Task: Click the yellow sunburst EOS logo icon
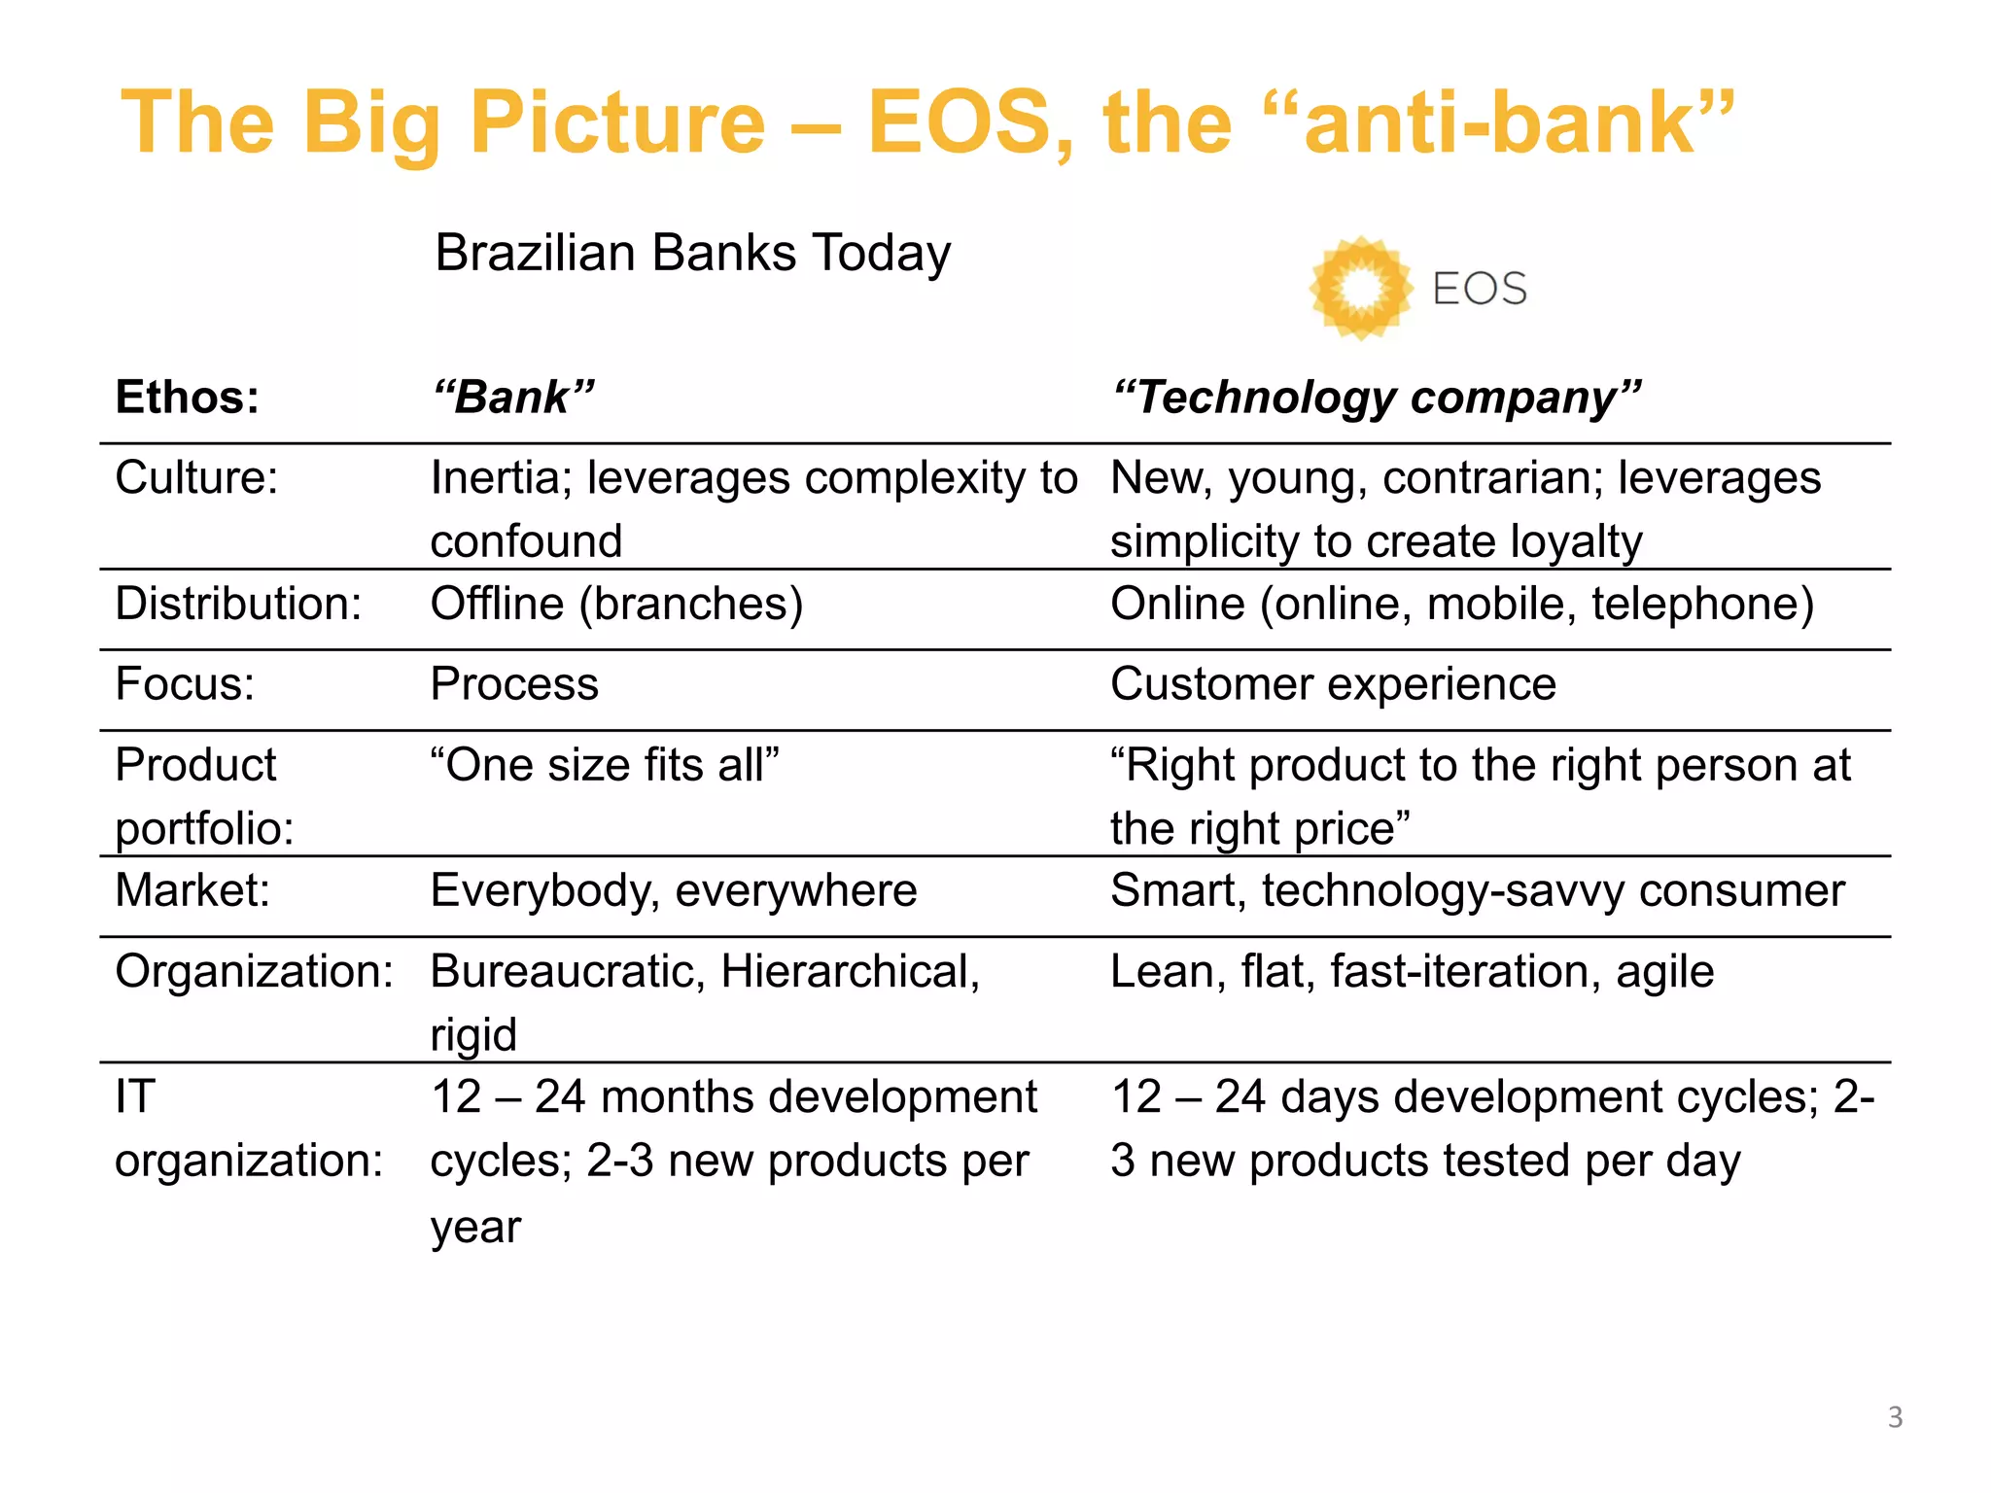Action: click(1359, 289)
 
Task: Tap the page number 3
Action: click(1894, 1417)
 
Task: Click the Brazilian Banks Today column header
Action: click(692, 253)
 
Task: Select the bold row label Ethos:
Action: click(188, 398)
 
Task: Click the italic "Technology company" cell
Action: click(1376, 398)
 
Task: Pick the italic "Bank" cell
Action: click(513, 398)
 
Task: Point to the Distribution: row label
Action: click(238, 604)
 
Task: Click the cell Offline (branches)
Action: click(616, 604)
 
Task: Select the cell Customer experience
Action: click(1333, 684)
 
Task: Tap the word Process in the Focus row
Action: click(514, 684)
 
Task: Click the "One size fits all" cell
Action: click(605, 765)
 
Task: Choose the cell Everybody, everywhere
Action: click(673, 890)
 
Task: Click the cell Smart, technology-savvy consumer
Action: click(1477, 890)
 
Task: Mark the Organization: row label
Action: click(254, 971)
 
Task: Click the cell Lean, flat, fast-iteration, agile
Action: click(1412, 971)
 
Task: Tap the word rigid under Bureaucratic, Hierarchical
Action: click(473, 1034)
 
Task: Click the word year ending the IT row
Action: click(475, 1227)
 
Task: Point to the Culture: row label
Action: click(196, 478)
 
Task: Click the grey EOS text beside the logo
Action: click(1479, 289)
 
